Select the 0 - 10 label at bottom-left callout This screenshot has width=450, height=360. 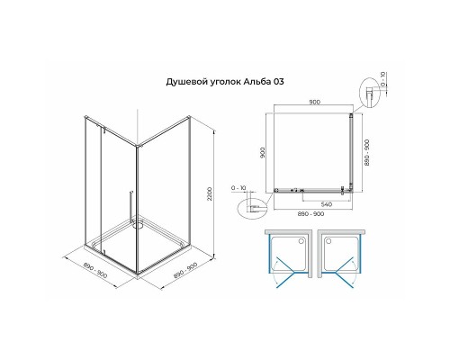click(x=239, y=188)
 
